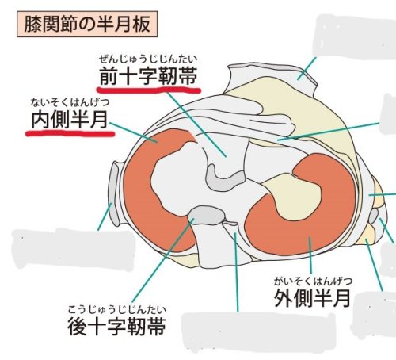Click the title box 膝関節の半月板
87,24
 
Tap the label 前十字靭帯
149,76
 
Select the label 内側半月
69,120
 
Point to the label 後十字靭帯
117,326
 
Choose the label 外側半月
312,298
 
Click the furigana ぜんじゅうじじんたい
148,59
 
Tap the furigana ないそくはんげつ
70,102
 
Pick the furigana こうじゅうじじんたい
117,309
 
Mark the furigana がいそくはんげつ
313,281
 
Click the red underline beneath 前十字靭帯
149,90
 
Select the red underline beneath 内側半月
70,133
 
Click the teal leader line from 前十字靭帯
196,124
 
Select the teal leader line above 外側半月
310,255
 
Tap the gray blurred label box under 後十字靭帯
259,332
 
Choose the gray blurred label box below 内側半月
74,248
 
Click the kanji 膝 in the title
32,24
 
